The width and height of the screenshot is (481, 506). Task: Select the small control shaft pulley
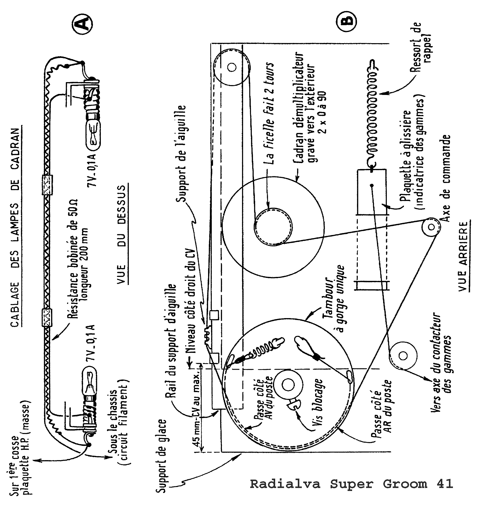(x=431, y=227)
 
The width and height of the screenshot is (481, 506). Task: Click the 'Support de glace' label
(x=161, y=456)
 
